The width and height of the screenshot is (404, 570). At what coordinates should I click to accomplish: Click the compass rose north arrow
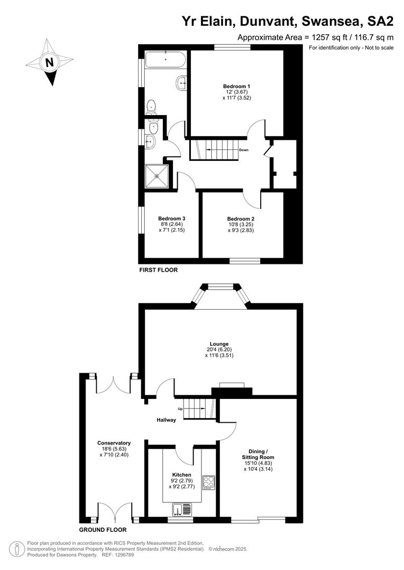pos(50,62)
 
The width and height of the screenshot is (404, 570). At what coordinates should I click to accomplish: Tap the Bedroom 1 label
pos(236,86)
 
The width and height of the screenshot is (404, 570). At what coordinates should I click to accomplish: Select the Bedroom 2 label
pos(241,218)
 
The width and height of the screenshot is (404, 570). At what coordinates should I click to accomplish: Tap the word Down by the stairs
pos(244,150)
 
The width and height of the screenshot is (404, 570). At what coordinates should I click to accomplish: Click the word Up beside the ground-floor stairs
pos(180,409)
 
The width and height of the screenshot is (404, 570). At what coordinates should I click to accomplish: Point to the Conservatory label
pos(114,443)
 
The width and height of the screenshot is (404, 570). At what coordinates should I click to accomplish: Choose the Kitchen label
pos(181,475)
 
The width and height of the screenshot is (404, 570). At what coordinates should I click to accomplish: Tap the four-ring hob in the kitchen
pos(208,482)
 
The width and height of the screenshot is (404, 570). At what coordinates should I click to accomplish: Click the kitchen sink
pos(181,510)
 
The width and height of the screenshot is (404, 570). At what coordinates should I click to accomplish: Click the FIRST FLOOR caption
pos(158,270)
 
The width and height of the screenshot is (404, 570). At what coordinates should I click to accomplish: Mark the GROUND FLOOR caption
pos(103,529)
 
